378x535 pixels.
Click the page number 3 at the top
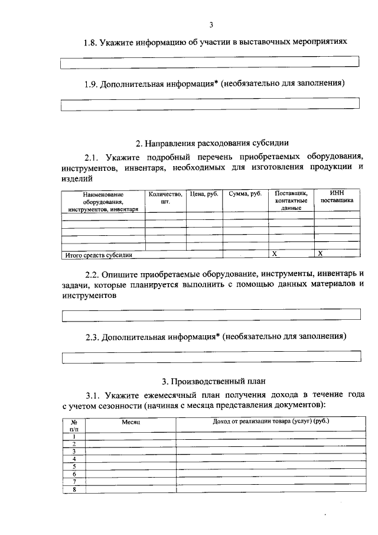click(210, 24)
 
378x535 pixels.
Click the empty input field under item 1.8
click(210, 62)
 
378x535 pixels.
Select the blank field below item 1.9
click(210, 104)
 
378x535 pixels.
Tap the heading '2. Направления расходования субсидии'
click(212, 142)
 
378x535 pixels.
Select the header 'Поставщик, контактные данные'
click(291, 200)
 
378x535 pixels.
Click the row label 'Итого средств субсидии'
click(98, 255)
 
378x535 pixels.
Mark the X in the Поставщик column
click(274, 254)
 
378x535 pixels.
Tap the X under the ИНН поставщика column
click(320, 254)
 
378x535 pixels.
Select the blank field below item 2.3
click(211, 356)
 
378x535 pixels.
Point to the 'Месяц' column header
click(131, 422)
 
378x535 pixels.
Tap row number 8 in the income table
click(74, 489)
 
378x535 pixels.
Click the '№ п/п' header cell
click(74, 425)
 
